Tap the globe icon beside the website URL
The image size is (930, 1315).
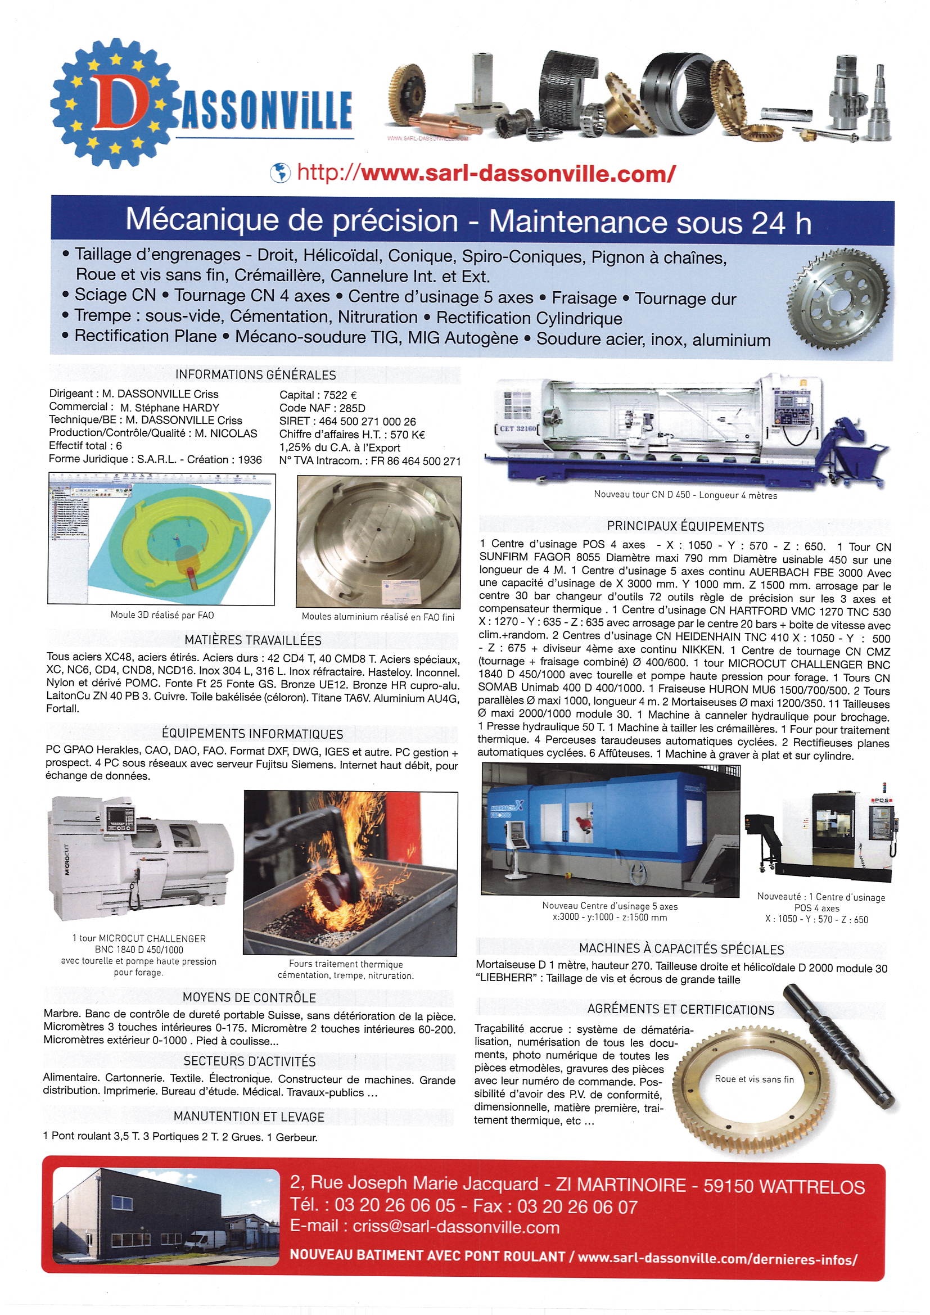(x=280, y=172)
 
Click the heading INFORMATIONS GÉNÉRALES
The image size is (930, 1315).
(x=255, y=375)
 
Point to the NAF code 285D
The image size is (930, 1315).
(x=351, y=408)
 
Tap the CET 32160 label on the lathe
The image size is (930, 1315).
(x=515, y=428)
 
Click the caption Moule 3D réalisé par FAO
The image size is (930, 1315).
(x=162, y=615)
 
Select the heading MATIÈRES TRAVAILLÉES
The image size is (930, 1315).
(x=252, y=640)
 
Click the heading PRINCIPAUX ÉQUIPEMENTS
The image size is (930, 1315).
(x=685, y=526)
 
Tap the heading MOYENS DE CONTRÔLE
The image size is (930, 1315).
(x=249, y=998)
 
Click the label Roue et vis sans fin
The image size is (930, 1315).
(x=753, y=1079)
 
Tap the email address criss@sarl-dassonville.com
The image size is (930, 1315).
(x=456, y=1227)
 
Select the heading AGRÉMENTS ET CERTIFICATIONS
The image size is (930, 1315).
(x=680, y=1010)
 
